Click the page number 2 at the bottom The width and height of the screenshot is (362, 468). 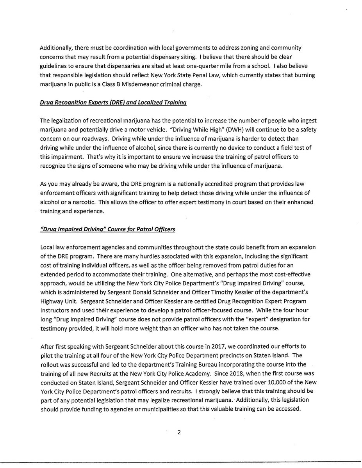(x=178, y=433)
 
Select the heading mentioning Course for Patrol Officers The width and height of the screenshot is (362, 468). (x=107, y=229)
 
